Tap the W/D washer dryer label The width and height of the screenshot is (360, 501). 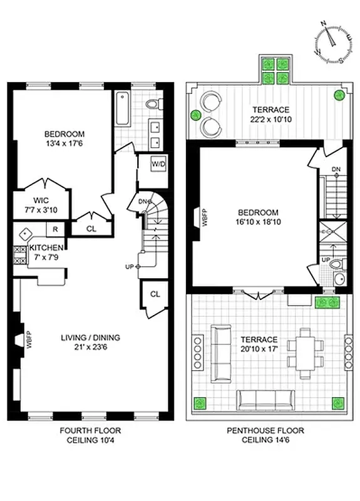click(x=159, y=165)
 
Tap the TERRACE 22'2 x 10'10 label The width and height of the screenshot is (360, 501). click(x=267, y=113)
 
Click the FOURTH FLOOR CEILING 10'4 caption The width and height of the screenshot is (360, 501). click(x=90, y=435)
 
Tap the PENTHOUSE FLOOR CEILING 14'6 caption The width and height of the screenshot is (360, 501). click(x=267, y=435)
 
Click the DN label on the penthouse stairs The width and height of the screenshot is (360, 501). click(x=336, y=169)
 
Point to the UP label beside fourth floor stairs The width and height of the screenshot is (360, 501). click(x=130, y=267)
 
